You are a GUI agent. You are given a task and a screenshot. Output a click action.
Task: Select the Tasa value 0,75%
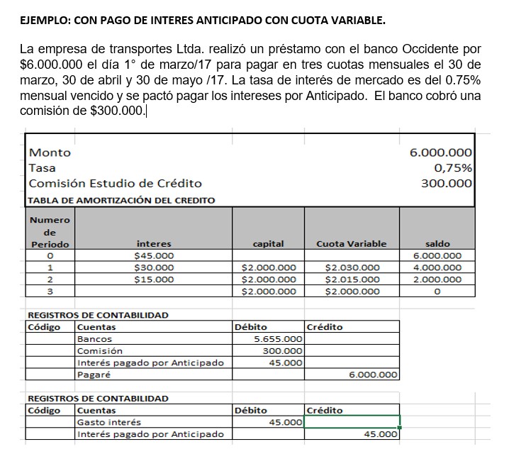[453, 168]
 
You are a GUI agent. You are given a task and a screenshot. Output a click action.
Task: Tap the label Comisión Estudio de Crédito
[115, 183]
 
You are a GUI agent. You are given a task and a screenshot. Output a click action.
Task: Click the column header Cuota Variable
[352, 243]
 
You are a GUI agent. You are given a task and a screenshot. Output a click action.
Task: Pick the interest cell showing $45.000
[154, 255]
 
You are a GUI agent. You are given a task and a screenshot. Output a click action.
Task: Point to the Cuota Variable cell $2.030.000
[352, 267]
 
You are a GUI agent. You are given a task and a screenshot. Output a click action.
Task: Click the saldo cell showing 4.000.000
[437, 267]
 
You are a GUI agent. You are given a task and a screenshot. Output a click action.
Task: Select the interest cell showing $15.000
[154, 279]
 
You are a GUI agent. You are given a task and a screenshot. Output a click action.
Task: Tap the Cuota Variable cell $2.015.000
[352, 279]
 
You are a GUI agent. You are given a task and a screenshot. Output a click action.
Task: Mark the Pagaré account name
[94, 375]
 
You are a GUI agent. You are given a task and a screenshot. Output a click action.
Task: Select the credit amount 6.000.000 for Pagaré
[374, 375]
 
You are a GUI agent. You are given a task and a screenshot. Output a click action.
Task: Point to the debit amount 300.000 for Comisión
[283, 351]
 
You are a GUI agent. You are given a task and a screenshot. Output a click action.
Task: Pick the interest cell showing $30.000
[154, 267]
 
